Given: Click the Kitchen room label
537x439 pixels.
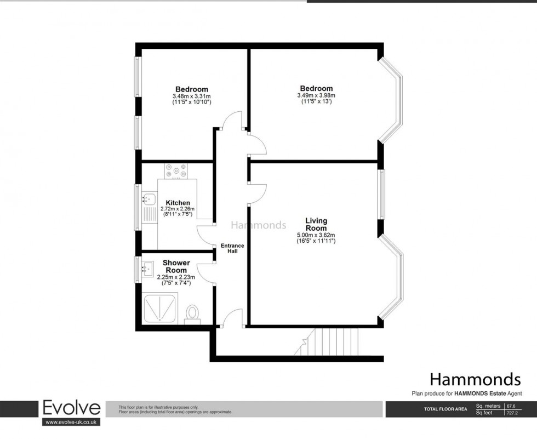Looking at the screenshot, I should [178, 203].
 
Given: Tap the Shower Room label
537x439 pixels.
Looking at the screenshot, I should [176, 266].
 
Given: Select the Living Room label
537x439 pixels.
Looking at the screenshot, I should [316, 224].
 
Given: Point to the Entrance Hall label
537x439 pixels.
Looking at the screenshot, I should [232, 248].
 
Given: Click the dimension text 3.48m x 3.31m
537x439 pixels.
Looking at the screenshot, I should [191, 96].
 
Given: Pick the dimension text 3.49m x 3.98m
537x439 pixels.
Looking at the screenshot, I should [316, 95].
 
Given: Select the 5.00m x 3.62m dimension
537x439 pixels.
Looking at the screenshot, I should [316, 235].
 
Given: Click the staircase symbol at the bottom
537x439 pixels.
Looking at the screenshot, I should [329, 340].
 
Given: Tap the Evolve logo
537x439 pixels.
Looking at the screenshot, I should [72, 408].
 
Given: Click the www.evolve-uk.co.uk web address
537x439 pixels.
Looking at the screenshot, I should [71, 422].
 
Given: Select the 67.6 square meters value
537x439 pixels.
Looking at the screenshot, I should [512, 406].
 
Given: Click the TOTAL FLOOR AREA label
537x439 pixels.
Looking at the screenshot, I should [445, 409].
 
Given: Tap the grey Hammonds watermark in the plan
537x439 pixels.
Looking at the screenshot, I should [258, 225].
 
